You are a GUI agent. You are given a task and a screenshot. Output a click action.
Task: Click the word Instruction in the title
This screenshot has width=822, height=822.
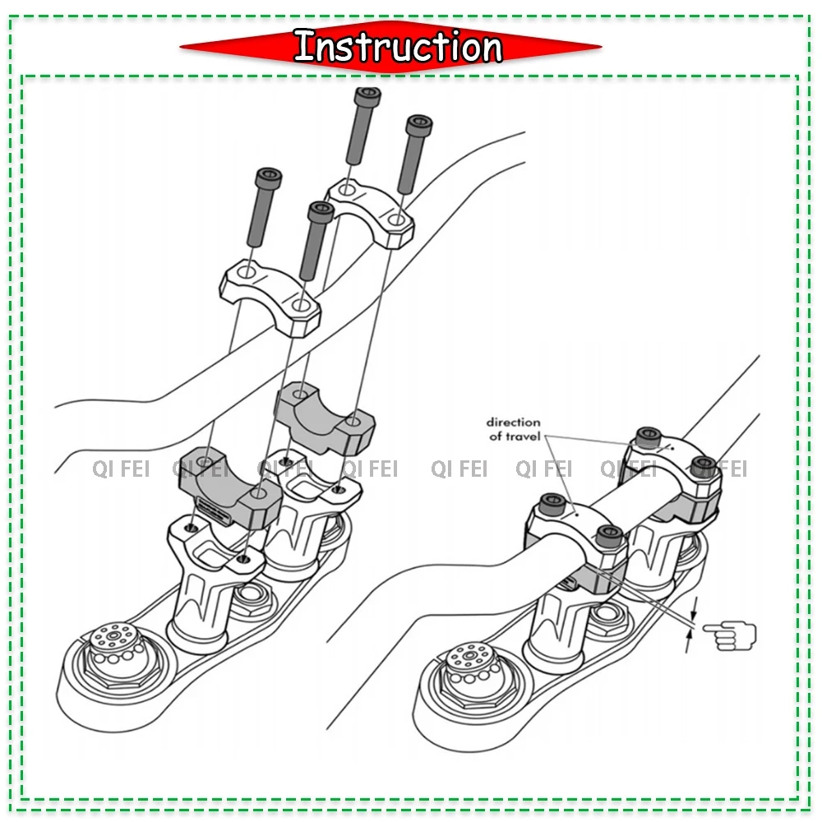[x=397, y=46]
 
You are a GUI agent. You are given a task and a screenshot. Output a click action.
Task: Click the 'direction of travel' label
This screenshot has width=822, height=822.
[x=514, y=429]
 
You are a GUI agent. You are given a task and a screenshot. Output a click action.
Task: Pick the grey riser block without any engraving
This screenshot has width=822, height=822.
[x=324, y=415]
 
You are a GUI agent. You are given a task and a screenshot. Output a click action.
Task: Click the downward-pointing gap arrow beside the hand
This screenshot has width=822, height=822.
[x=694, y=609]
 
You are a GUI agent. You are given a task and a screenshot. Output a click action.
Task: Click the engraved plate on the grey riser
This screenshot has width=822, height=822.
[x=215, y=511]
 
